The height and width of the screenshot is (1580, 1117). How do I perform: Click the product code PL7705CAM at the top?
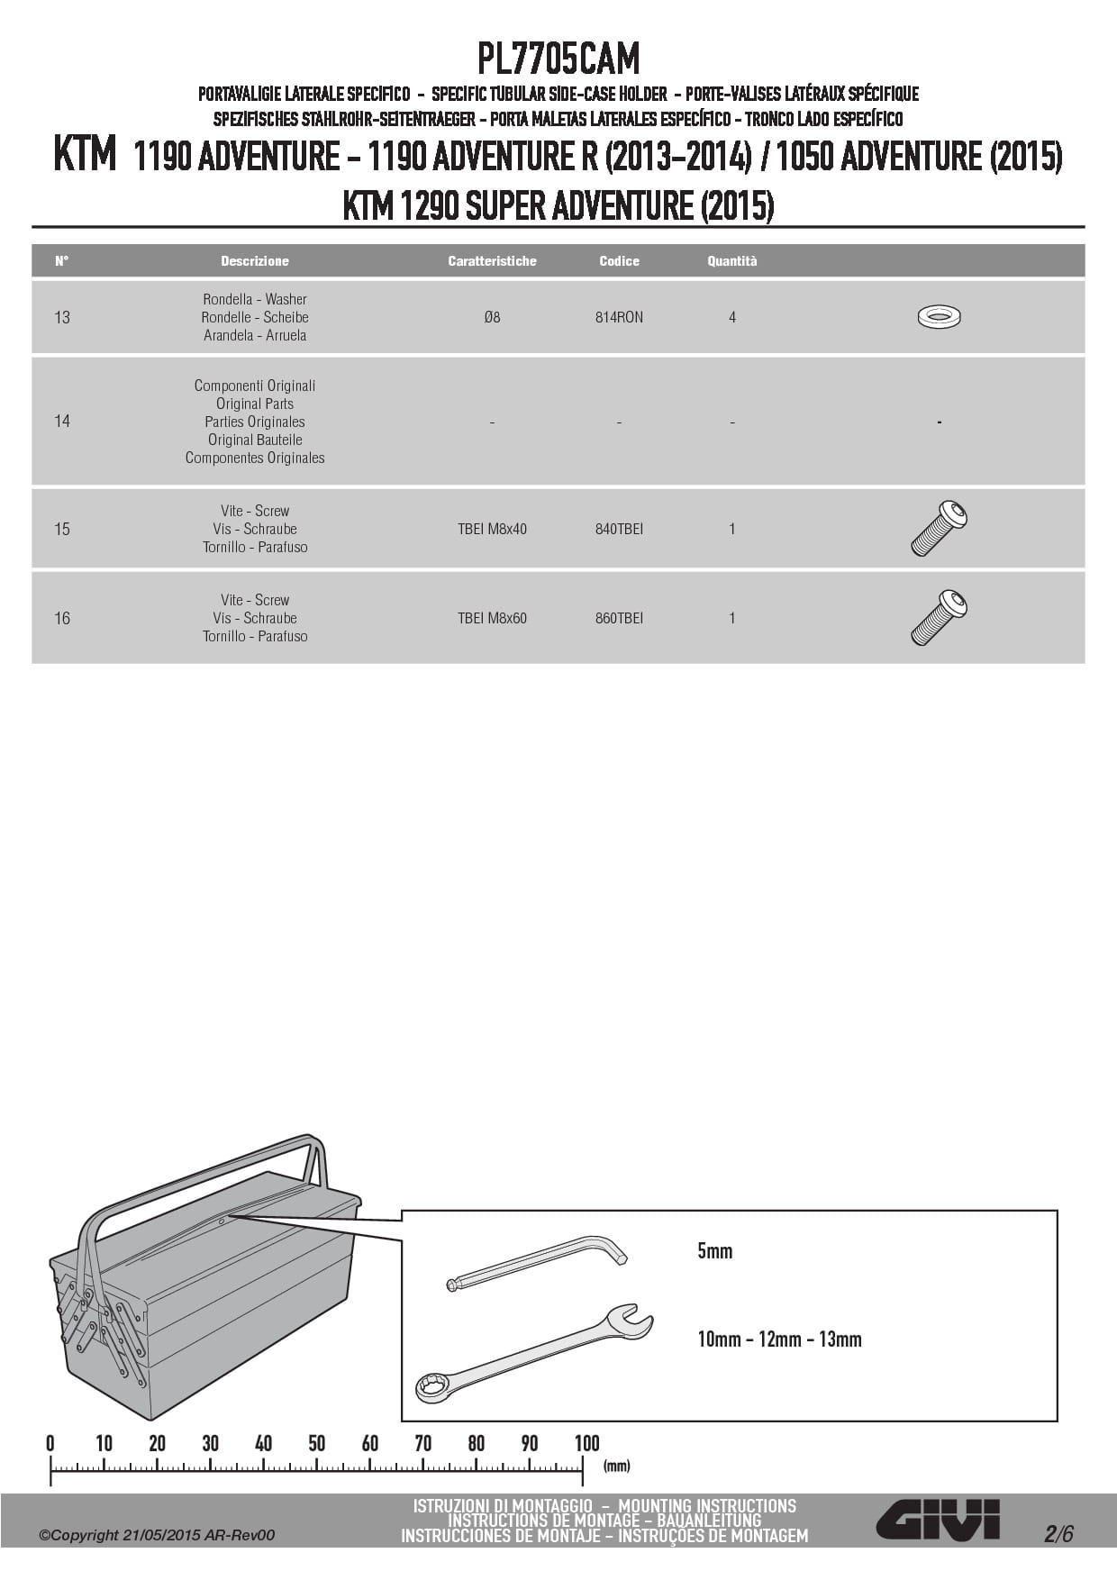558,59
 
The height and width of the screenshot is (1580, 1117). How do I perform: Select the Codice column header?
619,261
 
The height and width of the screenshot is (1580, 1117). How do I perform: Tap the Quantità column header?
731,261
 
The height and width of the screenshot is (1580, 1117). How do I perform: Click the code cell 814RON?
619,317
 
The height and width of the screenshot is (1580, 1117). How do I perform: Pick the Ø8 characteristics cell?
492,317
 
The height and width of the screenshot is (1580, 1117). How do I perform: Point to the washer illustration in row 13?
939,317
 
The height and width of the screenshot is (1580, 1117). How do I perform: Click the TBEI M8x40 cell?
492,529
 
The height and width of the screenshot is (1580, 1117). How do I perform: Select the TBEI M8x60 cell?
492,618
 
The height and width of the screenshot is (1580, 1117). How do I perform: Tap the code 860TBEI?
619,618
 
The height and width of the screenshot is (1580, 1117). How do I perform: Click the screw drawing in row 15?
939,528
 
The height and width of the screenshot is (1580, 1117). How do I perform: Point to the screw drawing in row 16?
939,617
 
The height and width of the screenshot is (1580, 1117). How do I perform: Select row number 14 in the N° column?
62,421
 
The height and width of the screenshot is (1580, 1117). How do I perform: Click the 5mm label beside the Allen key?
714,1250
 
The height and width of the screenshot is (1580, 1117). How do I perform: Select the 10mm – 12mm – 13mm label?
779,1339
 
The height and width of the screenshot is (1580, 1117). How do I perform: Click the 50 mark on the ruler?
316,1444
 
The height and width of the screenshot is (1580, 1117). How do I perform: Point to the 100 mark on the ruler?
586,1444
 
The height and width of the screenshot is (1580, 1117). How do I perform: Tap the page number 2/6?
1058,1533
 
